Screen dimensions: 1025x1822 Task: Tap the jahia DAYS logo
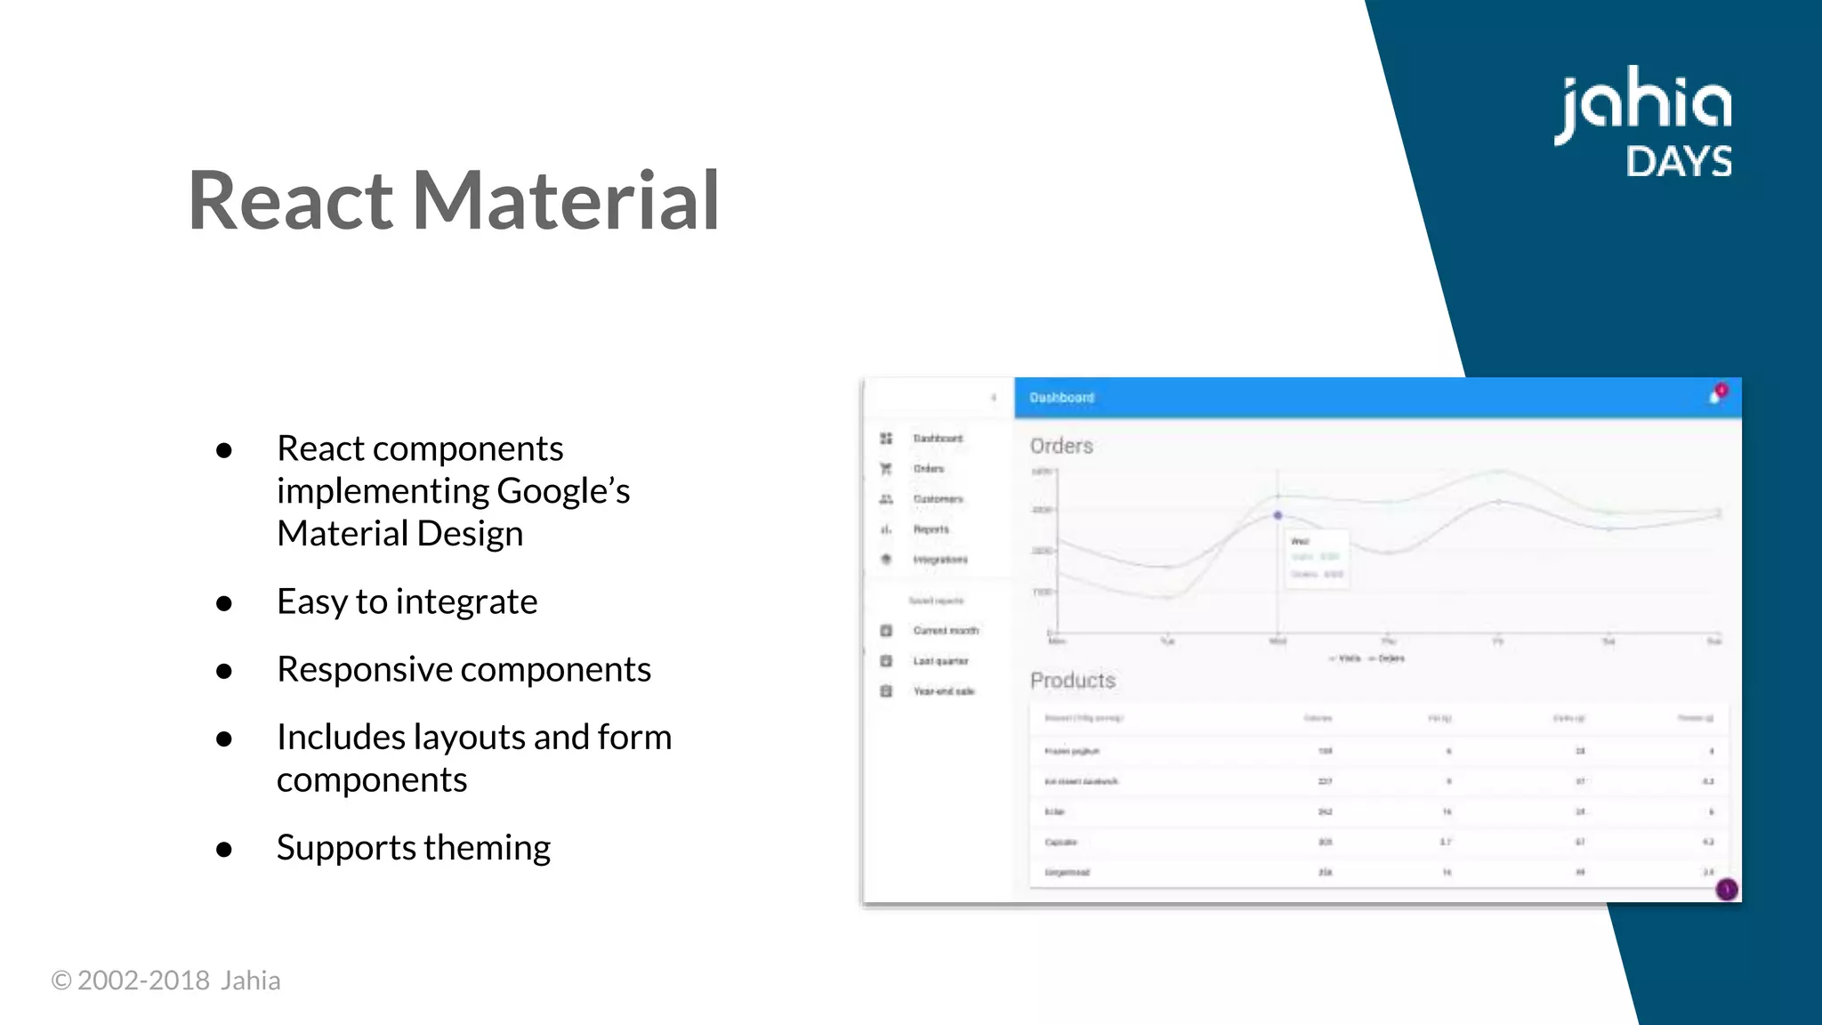point(1644,122)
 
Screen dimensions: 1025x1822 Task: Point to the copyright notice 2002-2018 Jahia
point(165,981)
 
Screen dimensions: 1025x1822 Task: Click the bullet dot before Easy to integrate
point(224,604)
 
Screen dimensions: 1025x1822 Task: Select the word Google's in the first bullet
point(562,491)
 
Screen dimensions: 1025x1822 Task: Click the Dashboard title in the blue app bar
point(1061,398)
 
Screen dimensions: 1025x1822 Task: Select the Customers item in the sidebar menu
point(938,499)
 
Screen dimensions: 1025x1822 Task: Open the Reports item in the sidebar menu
point(931,529)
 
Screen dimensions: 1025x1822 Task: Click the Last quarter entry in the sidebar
point(940,661)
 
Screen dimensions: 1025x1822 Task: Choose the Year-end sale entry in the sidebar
point(943,691)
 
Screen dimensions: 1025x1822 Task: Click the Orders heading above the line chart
point(1061,446)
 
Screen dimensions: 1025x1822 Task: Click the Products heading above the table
point(1072,681)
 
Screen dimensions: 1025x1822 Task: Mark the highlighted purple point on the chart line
point(1278,515)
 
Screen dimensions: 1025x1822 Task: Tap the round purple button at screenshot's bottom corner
point(1726,889)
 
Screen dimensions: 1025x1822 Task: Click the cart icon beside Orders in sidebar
point(886,469)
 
